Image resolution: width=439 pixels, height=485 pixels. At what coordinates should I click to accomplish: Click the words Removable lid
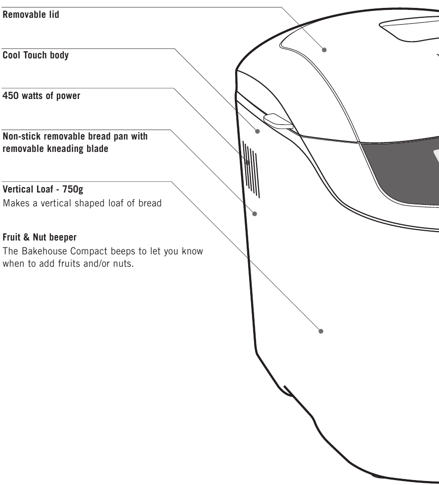[x=31, y=15]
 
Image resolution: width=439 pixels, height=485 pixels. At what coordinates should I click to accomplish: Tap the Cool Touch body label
[x=36, y=55]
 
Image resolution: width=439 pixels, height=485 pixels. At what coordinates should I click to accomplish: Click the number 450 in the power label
[x=11, y=96]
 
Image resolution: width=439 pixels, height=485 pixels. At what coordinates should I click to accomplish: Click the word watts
[x=35, y=96]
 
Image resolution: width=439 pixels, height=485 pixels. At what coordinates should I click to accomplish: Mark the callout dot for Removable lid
[x=324, y=49]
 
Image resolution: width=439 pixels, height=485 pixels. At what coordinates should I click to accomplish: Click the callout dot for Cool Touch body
[x=258, y=132]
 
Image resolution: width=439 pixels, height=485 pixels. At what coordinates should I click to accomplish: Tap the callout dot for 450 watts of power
[x=248, y=162]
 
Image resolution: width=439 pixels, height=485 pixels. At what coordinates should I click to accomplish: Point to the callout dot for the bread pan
[x=255, y=214]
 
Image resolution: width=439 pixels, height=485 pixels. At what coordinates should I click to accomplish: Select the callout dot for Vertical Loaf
[x=321, y=331]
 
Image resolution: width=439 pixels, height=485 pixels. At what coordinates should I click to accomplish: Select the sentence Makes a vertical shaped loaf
[x=82, y=203]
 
